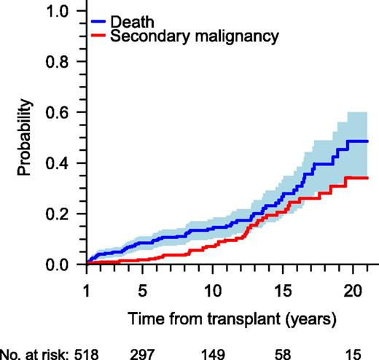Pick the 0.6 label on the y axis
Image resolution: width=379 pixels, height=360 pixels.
[60, 113]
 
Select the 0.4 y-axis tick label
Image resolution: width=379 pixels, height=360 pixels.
[60, 163]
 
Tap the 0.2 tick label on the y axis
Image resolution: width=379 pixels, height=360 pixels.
[60, 214]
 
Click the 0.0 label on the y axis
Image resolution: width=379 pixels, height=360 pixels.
[60, 265]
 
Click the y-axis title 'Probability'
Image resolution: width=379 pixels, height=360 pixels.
[26, 138]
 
